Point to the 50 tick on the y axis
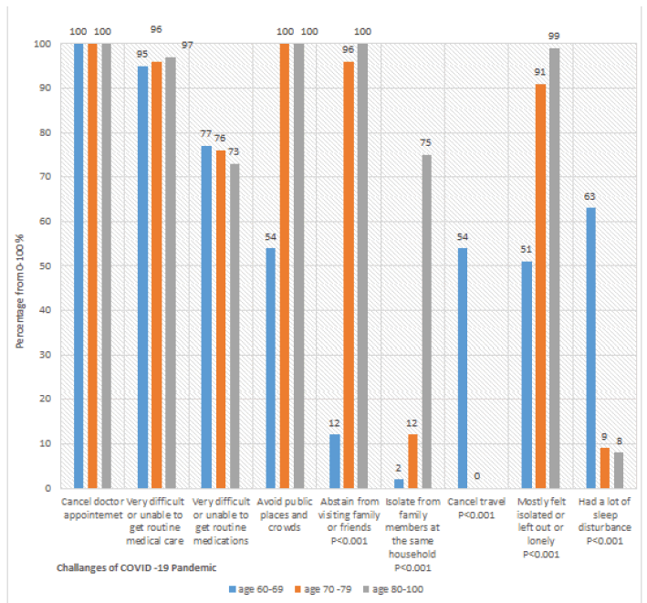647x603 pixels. click(44, 265)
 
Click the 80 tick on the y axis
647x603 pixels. click(44, 132)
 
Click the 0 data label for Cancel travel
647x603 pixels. click(476, 476)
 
